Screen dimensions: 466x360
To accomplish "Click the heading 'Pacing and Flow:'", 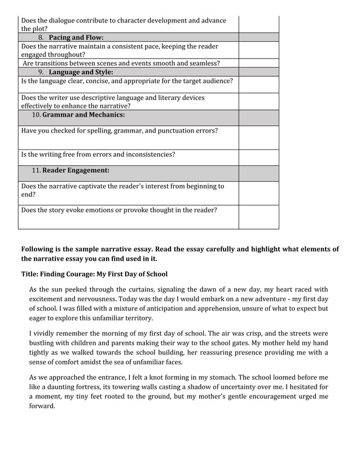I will pos(76,37).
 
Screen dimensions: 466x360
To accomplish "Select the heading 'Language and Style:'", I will pos(81,72).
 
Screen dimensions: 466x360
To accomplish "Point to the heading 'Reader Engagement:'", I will pos(76,169).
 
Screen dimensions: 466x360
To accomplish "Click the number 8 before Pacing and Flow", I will pos(41,37).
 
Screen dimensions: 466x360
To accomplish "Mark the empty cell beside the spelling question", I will pos(258,137).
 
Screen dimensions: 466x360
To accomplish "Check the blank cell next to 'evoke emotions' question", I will pos(258,217).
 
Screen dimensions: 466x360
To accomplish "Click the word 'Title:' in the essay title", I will pos(31,275).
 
